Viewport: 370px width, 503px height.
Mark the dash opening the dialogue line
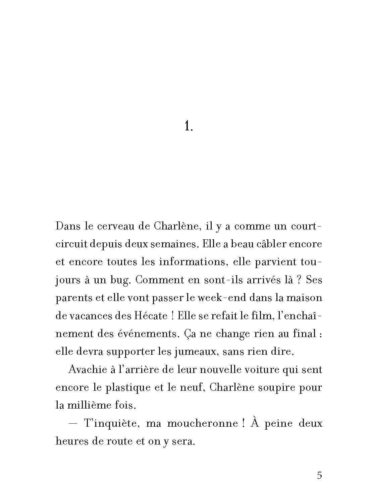[x=73, y=423]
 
